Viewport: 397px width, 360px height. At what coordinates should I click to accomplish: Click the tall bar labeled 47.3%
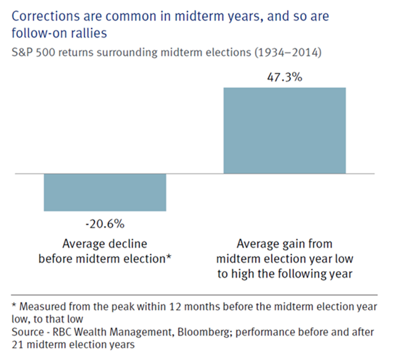click(x=285, y=130)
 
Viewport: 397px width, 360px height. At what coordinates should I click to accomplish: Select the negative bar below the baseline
click(x=105, y=192)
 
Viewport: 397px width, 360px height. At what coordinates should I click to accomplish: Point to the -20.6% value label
click(x=105, y=222)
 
